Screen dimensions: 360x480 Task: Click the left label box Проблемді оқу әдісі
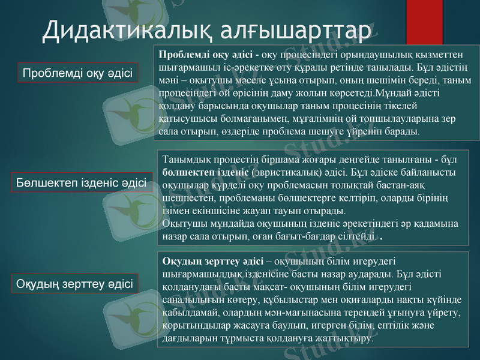pyautogui.click(x=77, y=73)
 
